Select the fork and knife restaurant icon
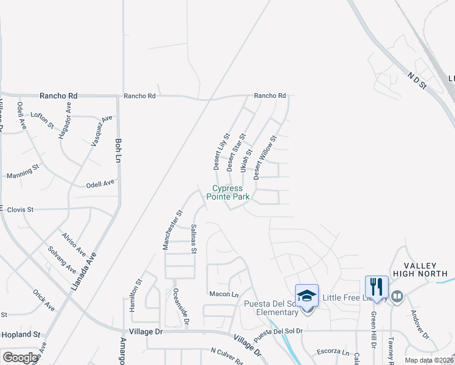coord(377,287)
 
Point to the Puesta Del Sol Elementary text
coord(271,308)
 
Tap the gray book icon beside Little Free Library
coord(397,297)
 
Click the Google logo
coord(20,358)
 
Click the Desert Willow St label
coord(265,157)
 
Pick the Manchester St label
coord(172,231)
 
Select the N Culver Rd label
coord(227,352)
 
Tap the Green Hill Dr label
coord(373,347)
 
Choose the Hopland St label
coord(21,335)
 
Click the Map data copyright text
coord(429,360)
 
